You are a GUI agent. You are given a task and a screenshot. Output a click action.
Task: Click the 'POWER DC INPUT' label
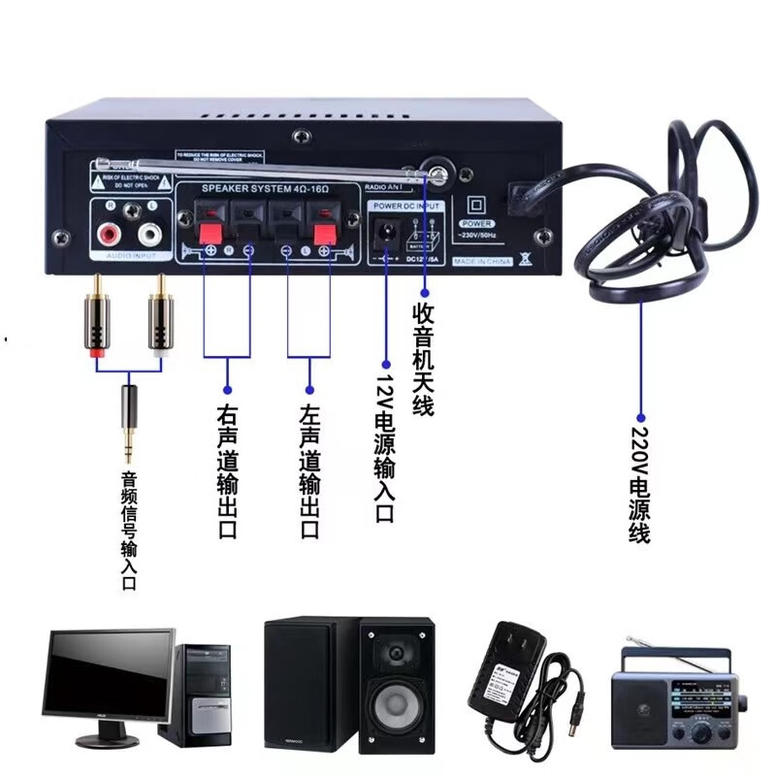point(406,206)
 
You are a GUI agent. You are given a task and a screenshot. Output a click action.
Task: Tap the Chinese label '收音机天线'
point(423,359)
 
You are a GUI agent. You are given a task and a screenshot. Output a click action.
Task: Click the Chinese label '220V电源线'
point(640,485)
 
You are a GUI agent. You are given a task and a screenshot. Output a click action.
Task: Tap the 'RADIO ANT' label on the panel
point(384,186)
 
